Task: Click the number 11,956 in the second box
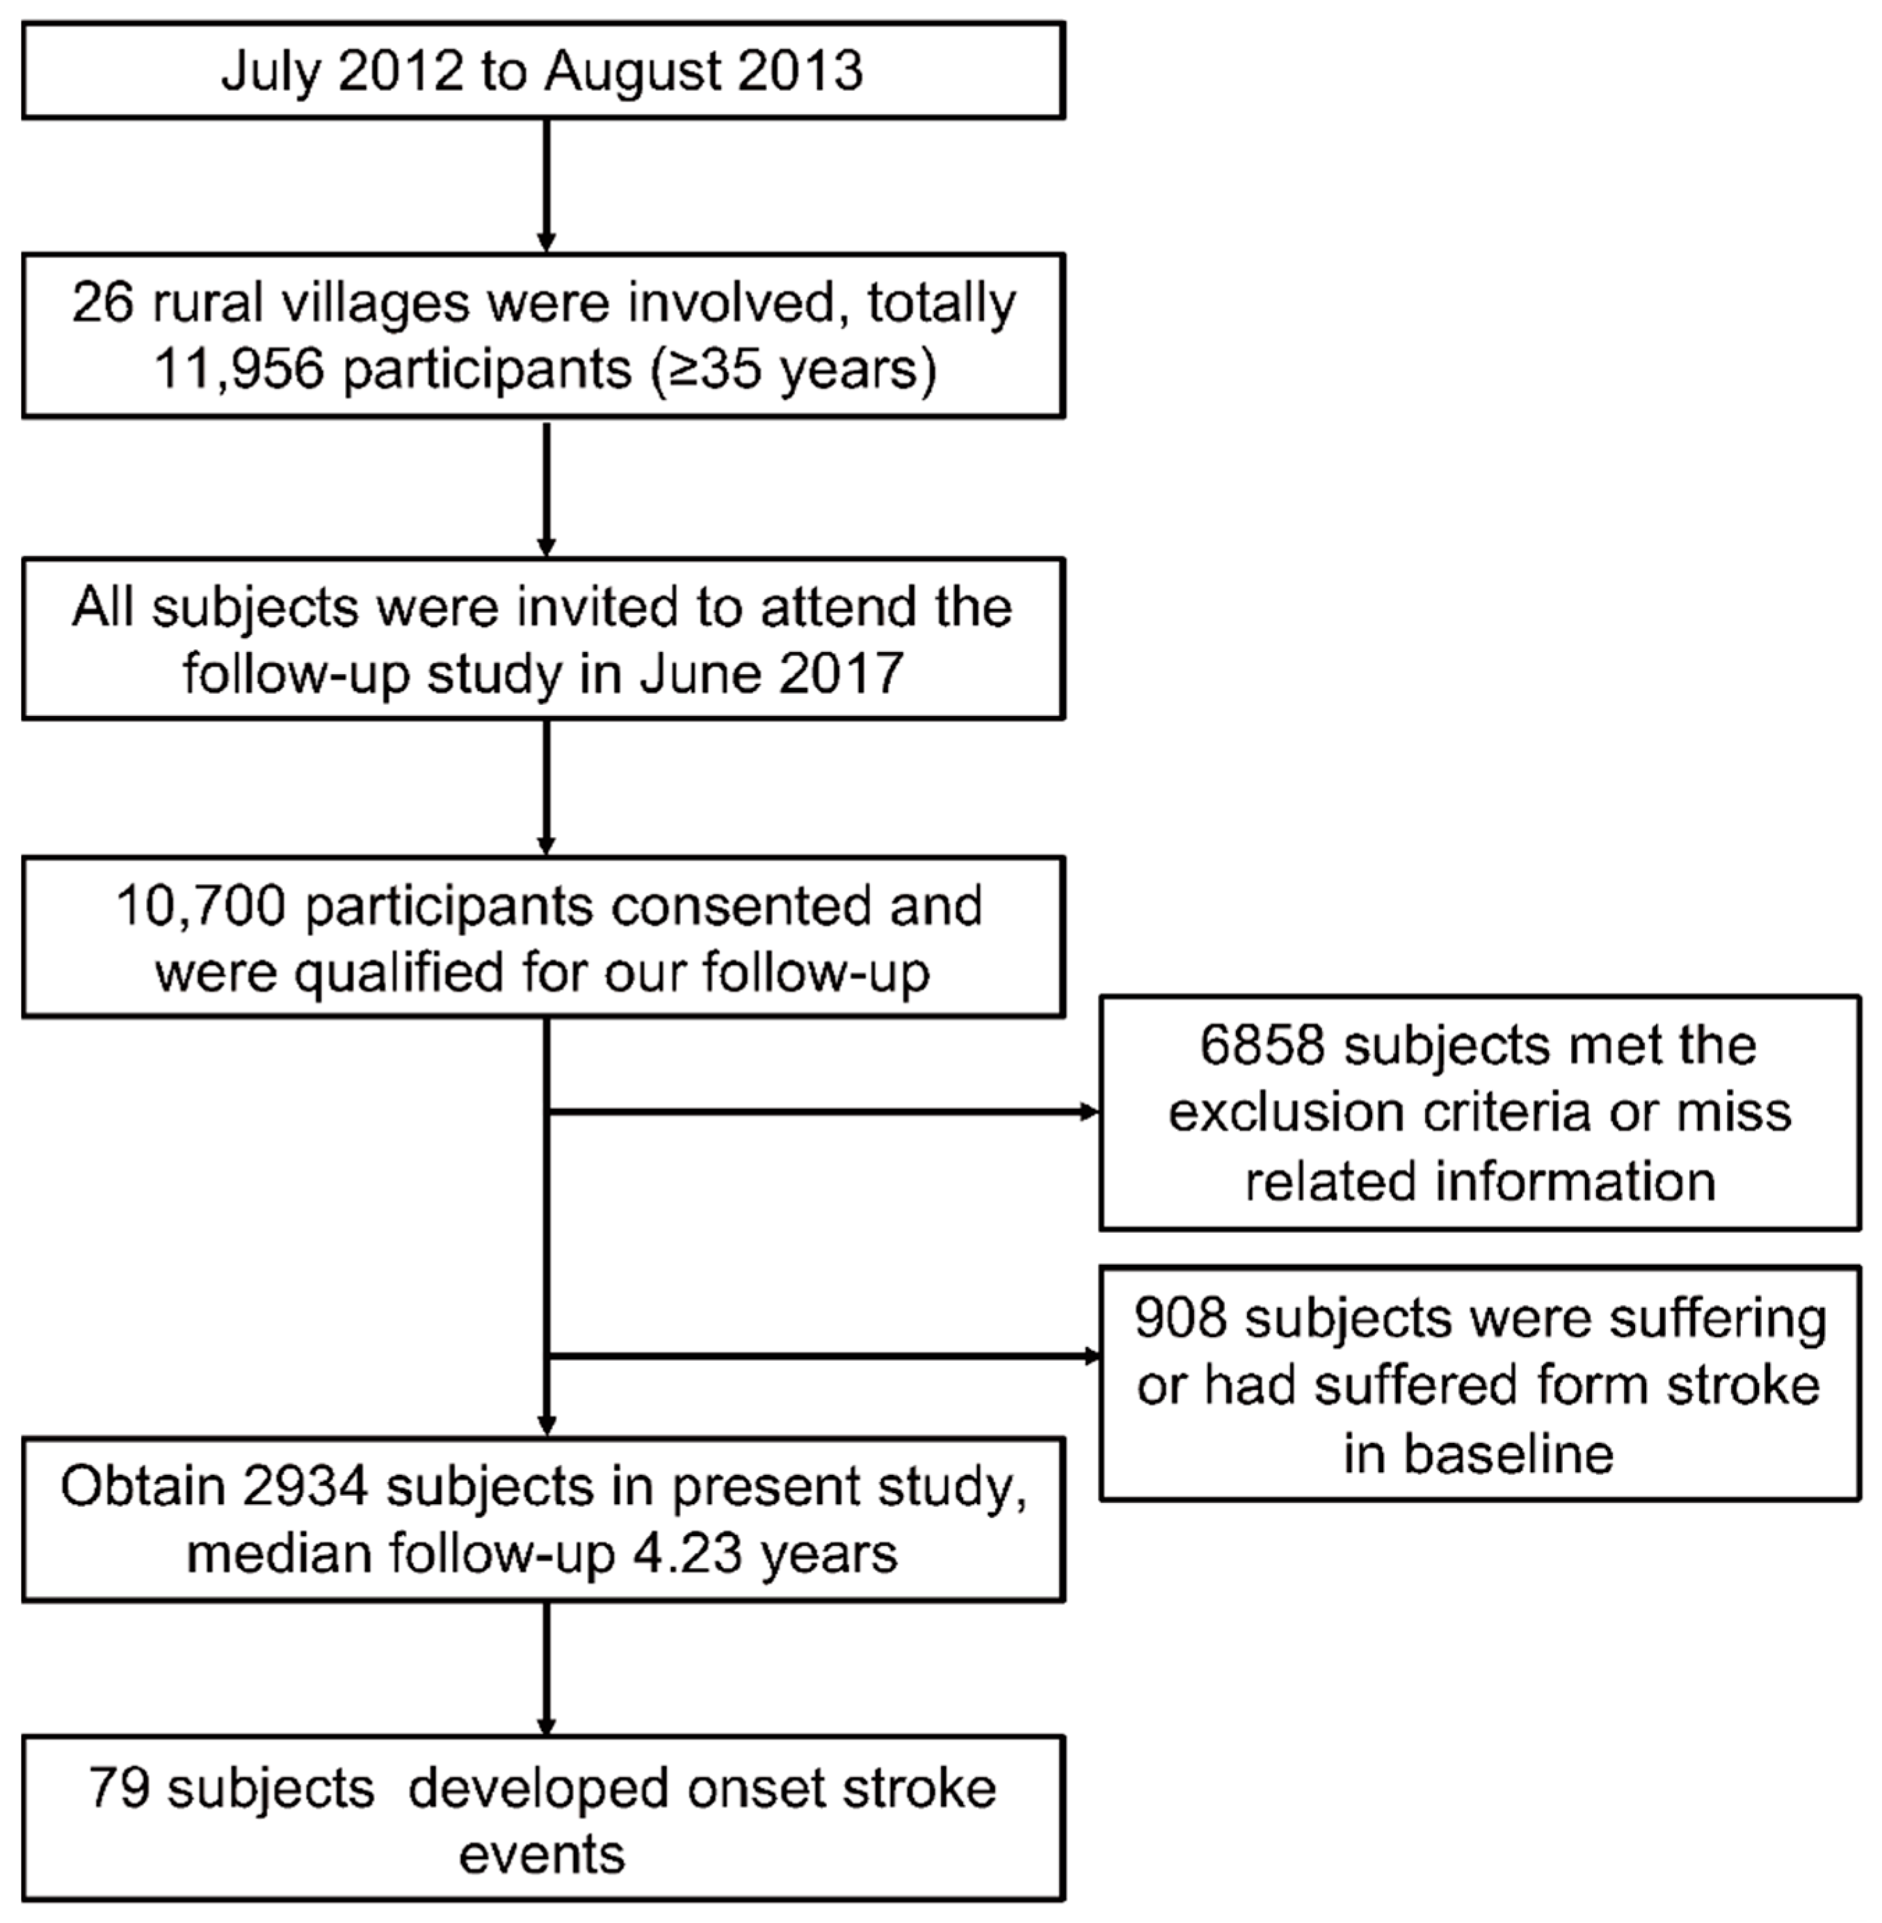(x=239, y=369)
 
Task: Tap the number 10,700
(x=201, y=906)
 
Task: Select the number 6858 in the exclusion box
(x=1261, y=1045)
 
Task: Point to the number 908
(x=1180, y=1318)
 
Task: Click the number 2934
(x=305, y=1486)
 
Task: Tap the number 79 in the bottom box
(x=119, y=1787)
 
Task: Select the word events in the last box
(x=542, y=1854)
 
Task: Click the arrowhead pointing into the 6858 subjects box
(x=1089, y=1112)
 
